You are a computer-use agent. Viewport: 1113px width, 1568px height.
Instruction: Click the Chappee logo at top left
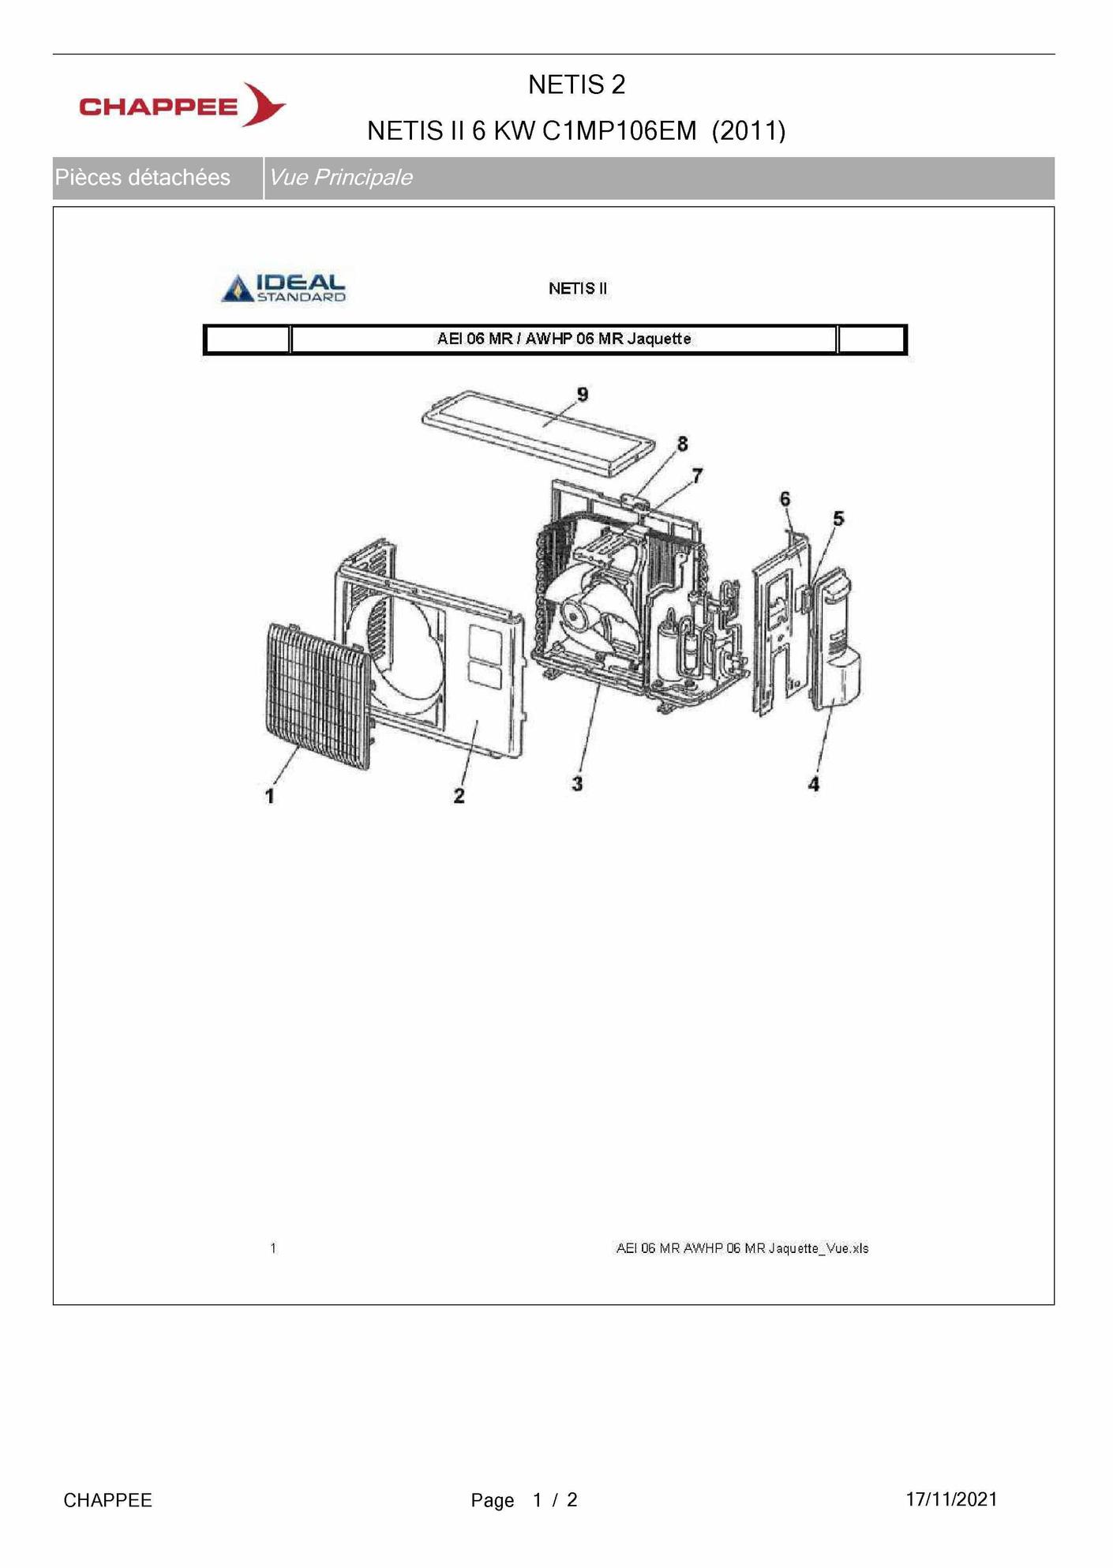[x=182, y=105]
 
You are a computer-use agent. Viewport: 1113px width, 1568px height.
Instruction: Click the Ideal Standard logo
[x=283, y=288]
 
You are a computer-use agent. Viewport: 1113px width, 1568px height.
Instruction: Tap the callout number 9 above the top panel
[x=583, y=395]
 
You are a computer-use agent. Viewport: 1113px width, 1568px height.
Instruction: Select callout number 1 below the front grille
[x=270, y=796]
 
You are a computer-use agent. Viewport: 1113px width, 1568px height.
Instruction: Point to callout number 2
[x=459, y=796]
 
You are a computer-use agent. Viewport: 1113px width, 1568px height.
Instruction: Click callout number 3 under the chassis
[x=578, y=784]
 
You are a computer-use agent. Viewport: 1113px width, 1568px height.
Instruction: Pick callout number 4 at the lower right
[x=814, y=784]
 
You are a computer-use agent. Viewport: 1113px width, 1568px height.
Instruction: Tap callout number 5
[x=838, y=519]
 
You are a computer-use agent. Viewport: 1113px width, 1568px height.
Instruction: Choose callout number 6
[x=785, y=499]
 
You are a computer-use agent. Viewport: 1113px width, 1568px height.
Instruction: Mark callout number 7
[x=697, y=475]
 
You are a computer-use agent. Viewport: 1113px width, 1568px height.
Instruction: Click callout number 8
[x=682, y=445]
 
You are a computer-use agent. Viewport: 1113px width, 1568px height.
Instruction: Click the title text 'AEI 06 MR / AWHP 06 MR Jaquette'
[x=564, y=339]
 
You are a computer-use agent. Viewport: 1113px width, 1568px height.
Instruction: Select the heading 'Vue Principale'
[x=340, y=178]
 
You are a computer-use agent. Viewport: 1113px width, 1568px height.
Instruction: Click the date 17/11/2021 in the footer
[x=951, y=1499]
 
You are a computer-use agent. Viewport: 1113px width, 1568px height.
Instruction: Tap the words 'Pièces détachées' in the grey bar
[x=143, y=178]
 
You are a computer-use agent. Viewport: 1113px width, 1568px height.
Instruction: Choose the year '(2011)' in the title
[x=748, y=130]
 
